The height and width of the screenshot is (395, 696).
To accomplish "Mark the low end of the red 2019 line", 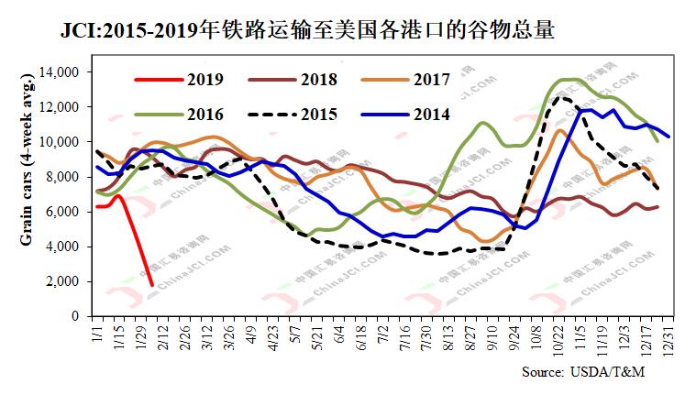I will pyautogui.click(x=152, y=285).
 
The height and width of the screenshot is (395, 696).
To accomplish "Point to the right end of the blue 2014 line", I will pyautogui.click(x=669, y=137).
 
